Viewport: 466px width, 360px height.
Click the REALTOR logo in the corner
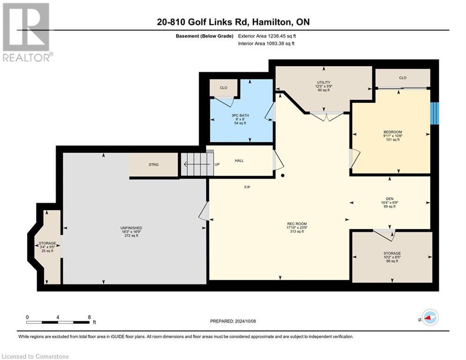[26, 32]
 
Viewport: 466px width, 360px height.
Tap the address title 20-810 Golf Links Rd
[233, 22]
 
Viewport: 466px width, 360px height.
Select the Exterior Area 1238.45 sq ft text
[266, 36]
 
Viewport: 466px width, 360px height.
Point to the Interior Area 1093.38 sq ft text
[266, 44]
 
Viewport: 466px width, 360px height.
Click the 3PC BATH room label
[241, 115]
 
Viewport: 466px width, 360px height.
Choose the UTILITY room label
[324, 82]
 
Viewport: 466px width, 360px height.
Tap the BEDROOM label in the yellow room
[392, 132]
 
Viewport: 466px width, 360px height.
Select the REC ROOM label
[297, 224]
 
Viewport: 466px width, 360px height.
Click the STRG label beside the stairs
[154, 165]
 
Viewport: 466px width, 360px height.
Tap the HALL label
[239, 160]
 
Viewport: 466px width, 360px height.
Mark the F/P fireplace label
[247, 187]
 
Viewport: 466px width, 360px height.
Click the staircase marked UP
[197, 165]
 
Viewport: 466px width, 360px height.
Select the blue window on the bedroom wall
[435, 113]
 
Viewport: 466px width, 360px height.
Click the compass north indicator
[429, 317]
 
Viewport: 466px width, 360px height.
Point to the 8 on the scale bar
[89, 317]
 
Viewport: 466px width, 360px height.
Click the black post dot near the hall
[283, 176]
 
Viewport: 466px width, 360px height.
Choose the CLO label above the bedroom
[403, 78]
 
